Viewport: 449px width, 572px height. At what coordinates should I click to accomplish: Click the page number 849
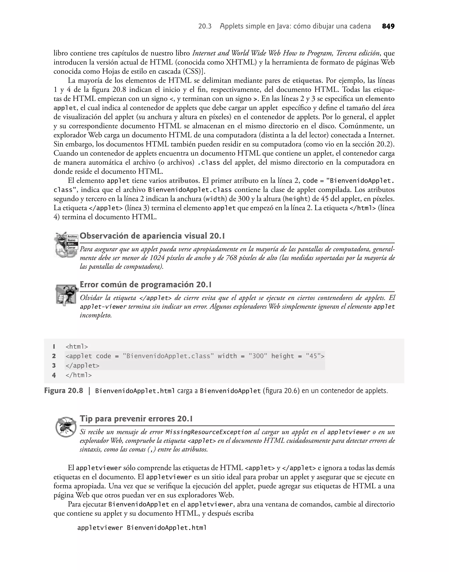pyautogui.click(x=388, y=26)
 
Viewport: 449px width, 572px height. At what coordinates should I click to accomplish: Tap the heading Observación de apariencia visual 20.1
pyautogui.click(x=152, y=236)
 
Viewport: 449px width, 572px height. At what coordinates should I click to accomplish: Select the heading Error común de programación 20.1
pyautogui.click(x=146, y=285)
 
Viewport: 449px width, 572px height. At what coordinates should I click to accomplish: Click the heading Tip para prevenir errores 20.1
pyautogui.click(x=136, y=419)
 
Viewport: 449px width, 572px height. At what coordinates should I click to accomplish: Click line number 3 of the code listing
pyautogui.click(x=54, y=366)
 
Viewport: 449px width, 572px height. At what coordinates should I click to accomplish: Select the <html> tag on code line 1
pyautogui.click(x=77, y=347)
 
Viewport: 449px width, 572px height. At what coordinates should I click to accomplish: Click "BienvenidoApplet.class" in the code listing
pyautogui.click(x=168, y=356)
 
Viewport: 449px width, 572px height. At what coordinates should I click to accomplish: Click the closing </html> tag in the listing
pyautogui.click(x=79, y=375)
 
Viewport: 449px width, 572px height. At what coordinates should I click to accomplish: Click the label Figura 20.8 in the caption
pyautogui.click(x=63, y=391)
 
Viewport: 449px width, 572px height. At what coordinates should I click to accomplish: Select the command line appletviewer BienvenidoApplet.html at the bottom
pyautogui.click(x=142, y=528)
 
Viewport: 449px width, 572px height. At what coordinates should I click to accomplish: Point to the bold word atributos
pyautogui.click(x=183, y=181)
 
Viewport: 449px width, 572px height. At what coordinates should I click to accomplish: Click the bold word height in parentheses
pyautogui.click(x=296, y=199)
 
